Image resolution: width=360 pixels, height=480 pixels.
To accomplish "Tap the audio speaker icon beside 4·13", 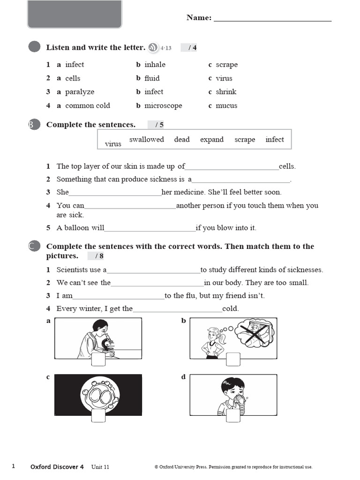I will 153,47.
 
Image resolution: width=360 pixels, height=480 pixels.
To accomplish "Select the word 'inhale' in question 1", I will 155,65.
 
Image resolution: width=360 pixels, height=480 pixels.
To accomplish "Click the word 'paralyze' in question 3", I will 80,92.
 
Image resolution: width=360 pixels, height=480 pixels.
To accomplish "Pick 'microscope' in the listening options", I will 163,105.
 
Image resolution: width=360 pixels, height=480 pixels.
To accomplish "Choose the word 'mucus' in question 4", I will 226,105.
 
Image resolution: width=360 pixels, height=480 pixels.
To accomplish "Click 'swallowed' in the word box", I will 146,140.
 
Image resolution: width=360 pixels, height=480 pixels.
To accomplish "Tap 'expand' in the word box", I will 212,140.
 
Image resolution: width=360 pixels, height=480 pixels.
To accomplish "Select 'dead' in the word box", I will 182,140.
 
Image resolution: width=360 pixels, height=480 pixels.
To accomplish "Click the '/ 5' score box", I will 158,125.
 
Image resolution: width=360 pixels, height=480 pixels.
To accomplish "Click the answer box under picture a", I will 98,360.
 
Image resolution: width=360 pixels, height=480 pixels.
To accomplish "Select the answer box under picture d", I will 233,416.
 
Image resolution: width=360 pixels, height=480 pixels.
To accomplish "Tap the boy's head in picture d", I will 232,388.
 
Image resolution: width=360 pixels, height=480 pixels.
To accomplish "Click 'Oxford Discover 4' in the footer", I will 57,467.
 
